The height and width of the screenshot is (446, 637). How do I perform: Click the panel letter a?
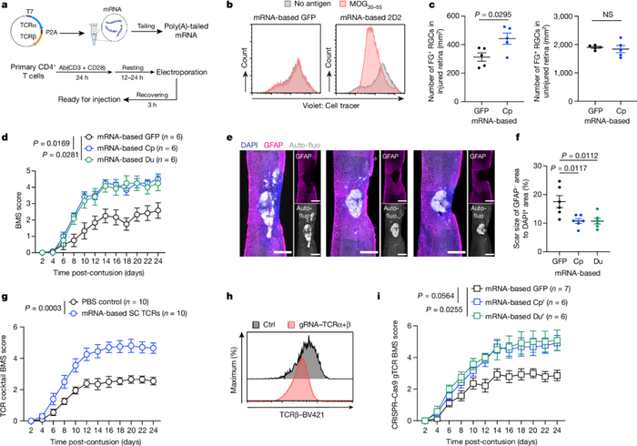click(5, 6)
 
